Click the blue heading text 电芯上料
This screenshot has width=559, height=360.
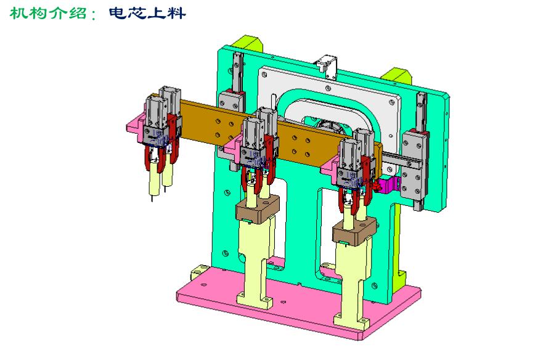click(147, 13)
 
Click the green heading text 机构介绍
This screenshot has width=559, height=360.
click(48, 13)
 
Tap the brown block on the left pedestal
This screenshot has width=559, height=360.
click(258, 209)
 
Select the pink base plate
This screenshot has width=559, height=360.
click(300, 303)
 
